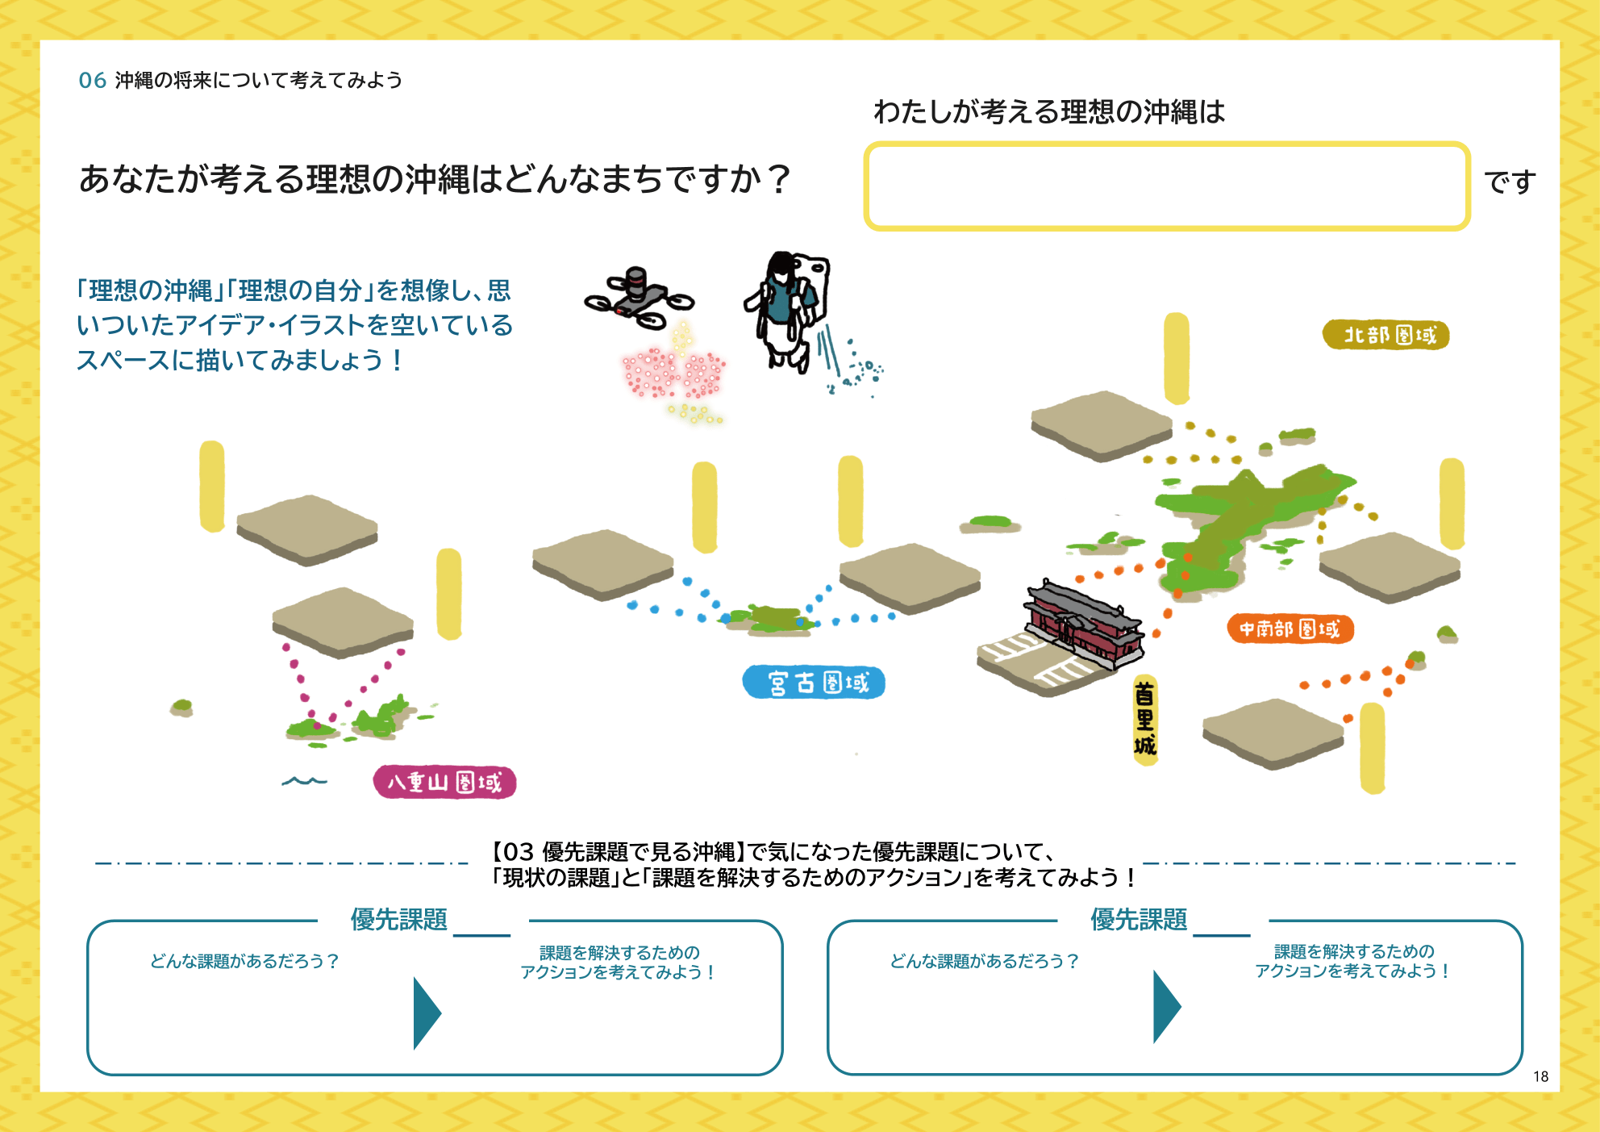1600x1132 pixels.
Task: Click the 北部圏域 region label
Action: click(x=1385, y=335)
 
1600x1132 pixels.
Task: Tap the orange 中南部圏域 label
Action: click(x=1290, y=629)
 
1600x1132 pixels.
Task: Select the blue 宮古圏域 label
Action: click(x=814, y=683)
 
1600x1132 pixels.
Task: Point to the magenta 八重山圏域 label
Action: click(x=444, y=782)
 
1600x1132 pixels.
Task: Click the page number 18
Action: click(x=1540, y=1076)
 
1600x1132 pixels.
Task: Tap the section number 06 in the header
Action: click(x=92, y=81)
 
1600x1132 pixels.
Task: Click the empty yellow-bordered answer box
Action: click(x=1166, y=186)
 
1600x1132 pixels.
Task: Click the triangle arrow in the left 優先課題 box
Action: click(x=426, y=1013)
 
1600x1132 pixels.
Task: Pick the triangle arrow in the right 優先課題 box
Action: click(x=1166, y=1007)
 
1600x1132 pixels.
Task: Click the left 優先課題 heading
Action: click(x=398, y=920)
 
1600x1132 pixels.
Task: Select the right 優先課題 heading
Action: click(x=1138, y=920)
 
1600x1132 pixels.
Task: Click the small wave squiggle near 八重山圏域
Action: click(x=304, y=781)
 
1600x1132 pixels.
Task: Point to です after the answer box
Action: click(x=1510, y=182)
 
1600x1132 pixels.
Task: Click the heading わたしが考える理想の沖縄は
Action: click(x=1048, y=111)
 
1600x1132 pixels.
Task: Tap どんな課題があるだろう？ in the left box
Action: click(x=244, y=961)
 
